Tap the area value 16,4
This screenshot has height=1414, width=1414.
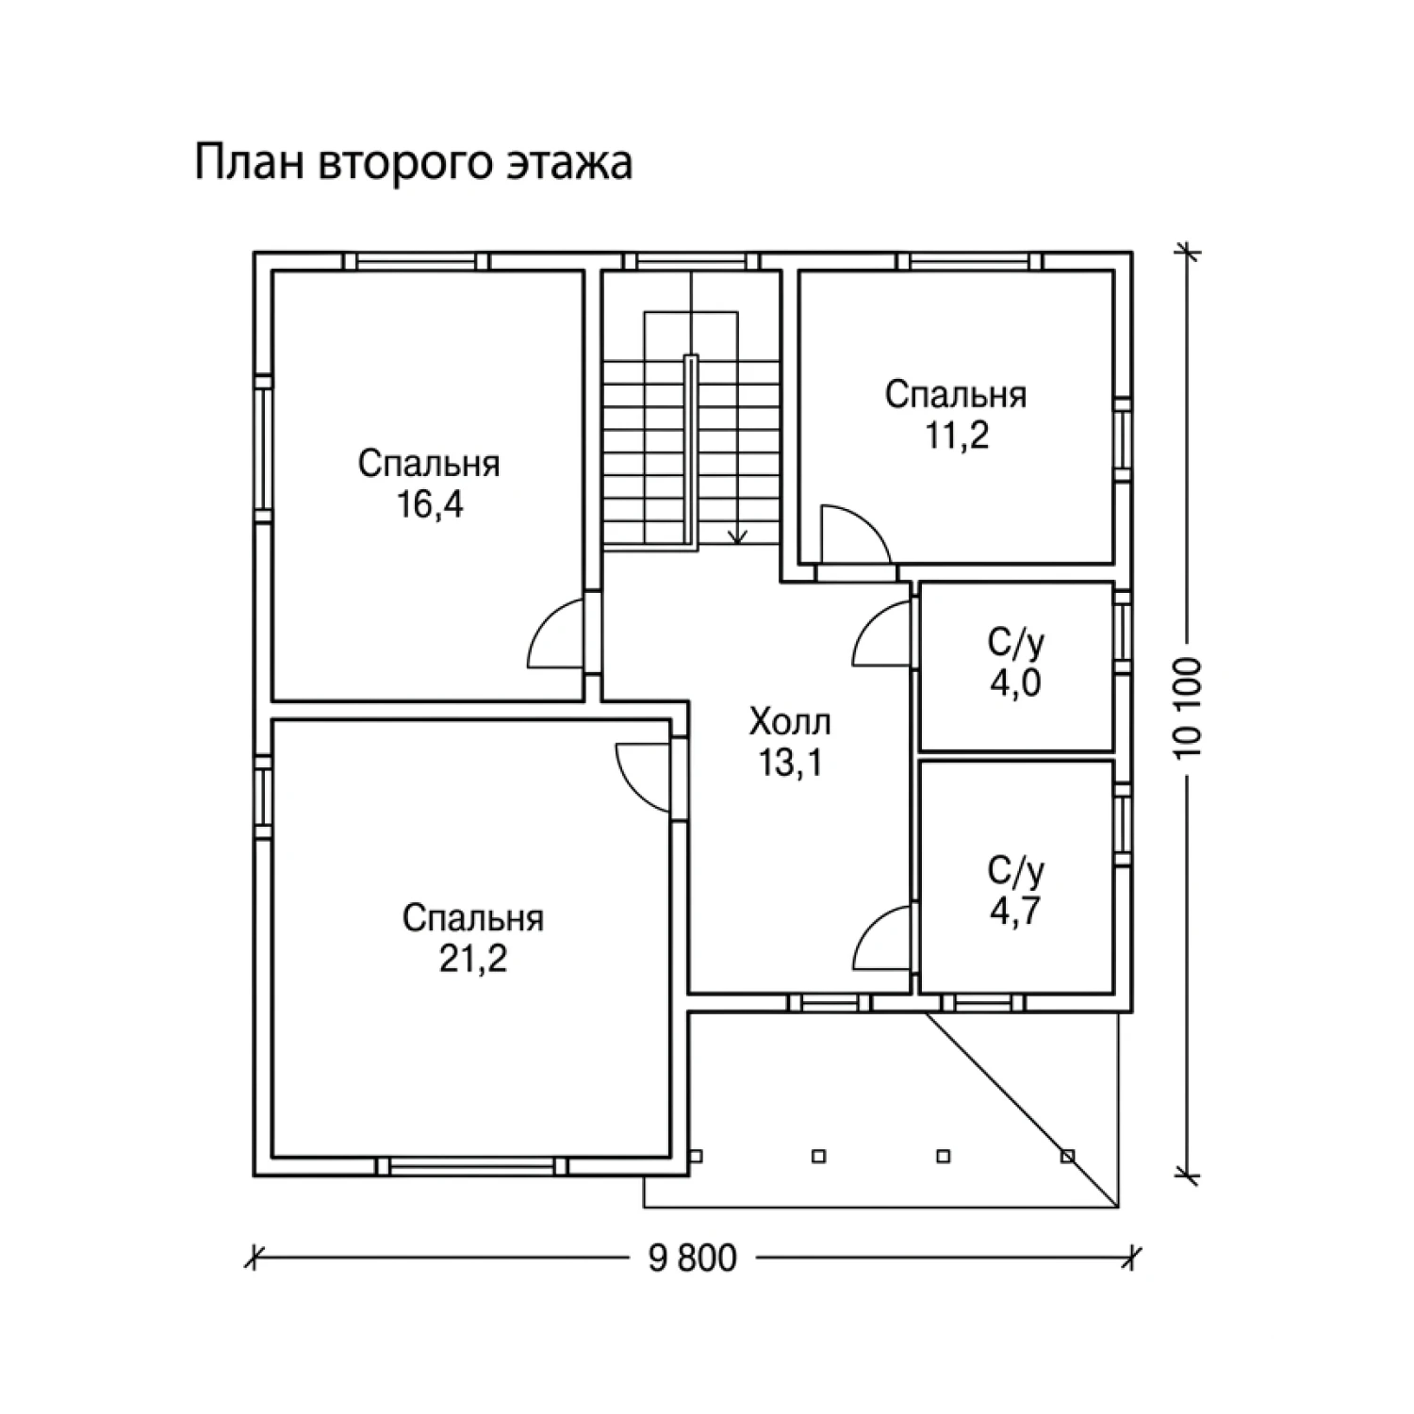point(430,506)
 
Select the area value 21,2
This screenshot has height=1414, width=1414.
point(473,959)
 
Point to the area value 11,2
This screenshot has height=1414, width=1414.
point(956,436)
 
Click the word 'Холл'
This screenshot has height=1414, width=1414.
point(790,723)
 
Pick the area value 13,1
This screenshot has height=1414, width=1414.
point(790,764)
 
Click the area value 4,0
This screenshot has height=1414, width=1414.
point(1015,682)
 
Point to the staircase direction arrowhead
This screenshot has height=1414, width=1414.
point(738,535)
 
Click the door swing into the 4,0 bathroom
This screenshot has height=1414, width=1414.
point(880,634)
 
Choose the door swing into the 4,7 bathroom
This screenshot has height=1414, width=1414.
point(880,936)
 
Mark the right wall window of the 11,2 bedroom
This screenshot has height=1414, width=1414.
point(1123,440)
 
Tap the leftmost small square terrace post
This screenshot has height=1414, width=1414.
point(697,1155)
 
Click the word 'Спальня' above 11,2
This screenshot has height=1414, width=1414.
point(956,395)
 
